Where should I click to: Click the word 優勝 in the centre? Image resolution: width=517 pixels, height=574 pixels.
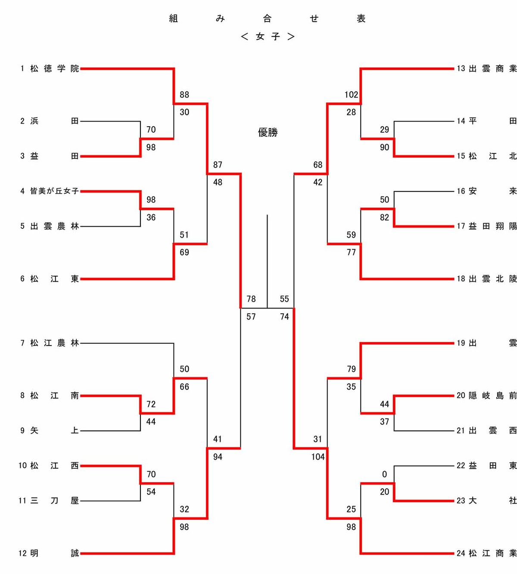pyautogui.click(x=268, y=132)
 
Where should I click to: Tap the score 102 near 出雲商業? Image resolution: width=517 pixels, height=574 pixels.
pyautogui.click(x=351, y=95)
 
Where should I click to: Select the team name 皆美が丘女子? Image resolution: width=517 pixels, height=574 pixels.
pyautogui.click(x=54, y=191)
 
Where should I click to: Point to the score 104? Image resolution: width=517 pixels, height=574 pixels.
pyautogui.click(x=318, y=457)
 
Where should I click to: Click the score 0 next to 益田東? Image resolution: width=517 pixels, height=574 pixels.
pyautogui.click(x=384, y=474)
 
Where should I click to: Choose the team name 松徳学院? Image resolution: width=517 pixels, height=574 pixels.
pyautogui.click(x=55, y=69)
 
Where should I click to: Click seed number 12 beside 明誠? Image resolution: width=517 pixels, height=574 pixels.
pyautogui.click(x=22, y=553)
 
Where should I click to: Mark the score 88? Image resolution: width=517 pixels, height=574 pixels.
pyautogui.click(x=184, y=95)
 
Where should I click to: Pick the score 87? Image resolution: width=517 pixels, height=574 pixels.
pyautogui.click(x=218, y=165)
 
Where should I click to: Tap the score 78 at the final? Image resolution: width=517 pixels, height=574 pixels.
pyautogui.click(x=251, y=299)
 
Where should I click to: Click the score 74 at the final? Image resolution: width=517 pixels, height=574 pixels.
pyautogui.click(x=284, y=317)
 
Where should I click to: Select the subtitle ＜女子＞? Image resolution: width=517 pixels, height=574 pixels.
pyautogui.click(x=268, y=37)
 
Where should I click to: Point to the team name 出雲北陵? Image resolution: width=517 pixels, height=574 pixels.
pyautogui.click(x=493, y=279)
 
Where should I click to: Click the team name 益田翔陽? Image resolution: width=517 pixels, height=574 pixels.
pyautogui.click(x=493, y=226)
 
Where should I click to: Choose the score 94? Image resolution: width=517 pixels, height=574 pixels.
pyautogui.click(x=218, y=457)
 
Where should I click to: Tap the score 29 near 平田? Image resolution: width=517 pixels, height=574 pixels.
pyautogui.click(x=384, y=130)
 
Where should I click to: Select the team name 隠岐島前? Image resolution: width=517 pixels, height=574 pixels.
pyautogui.click(x=493, y=396)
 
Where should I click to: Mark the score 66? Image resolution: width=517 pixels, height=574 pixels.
pyautogui.click(x=184, y=387)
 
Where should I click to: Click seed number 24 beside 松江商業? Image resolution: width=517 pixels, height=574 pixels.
pyautogui.click(x=461, y=553)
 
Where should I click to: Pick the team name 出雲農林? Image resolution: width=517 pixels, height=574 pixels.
pyautogui.click(x=55, y=226)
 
